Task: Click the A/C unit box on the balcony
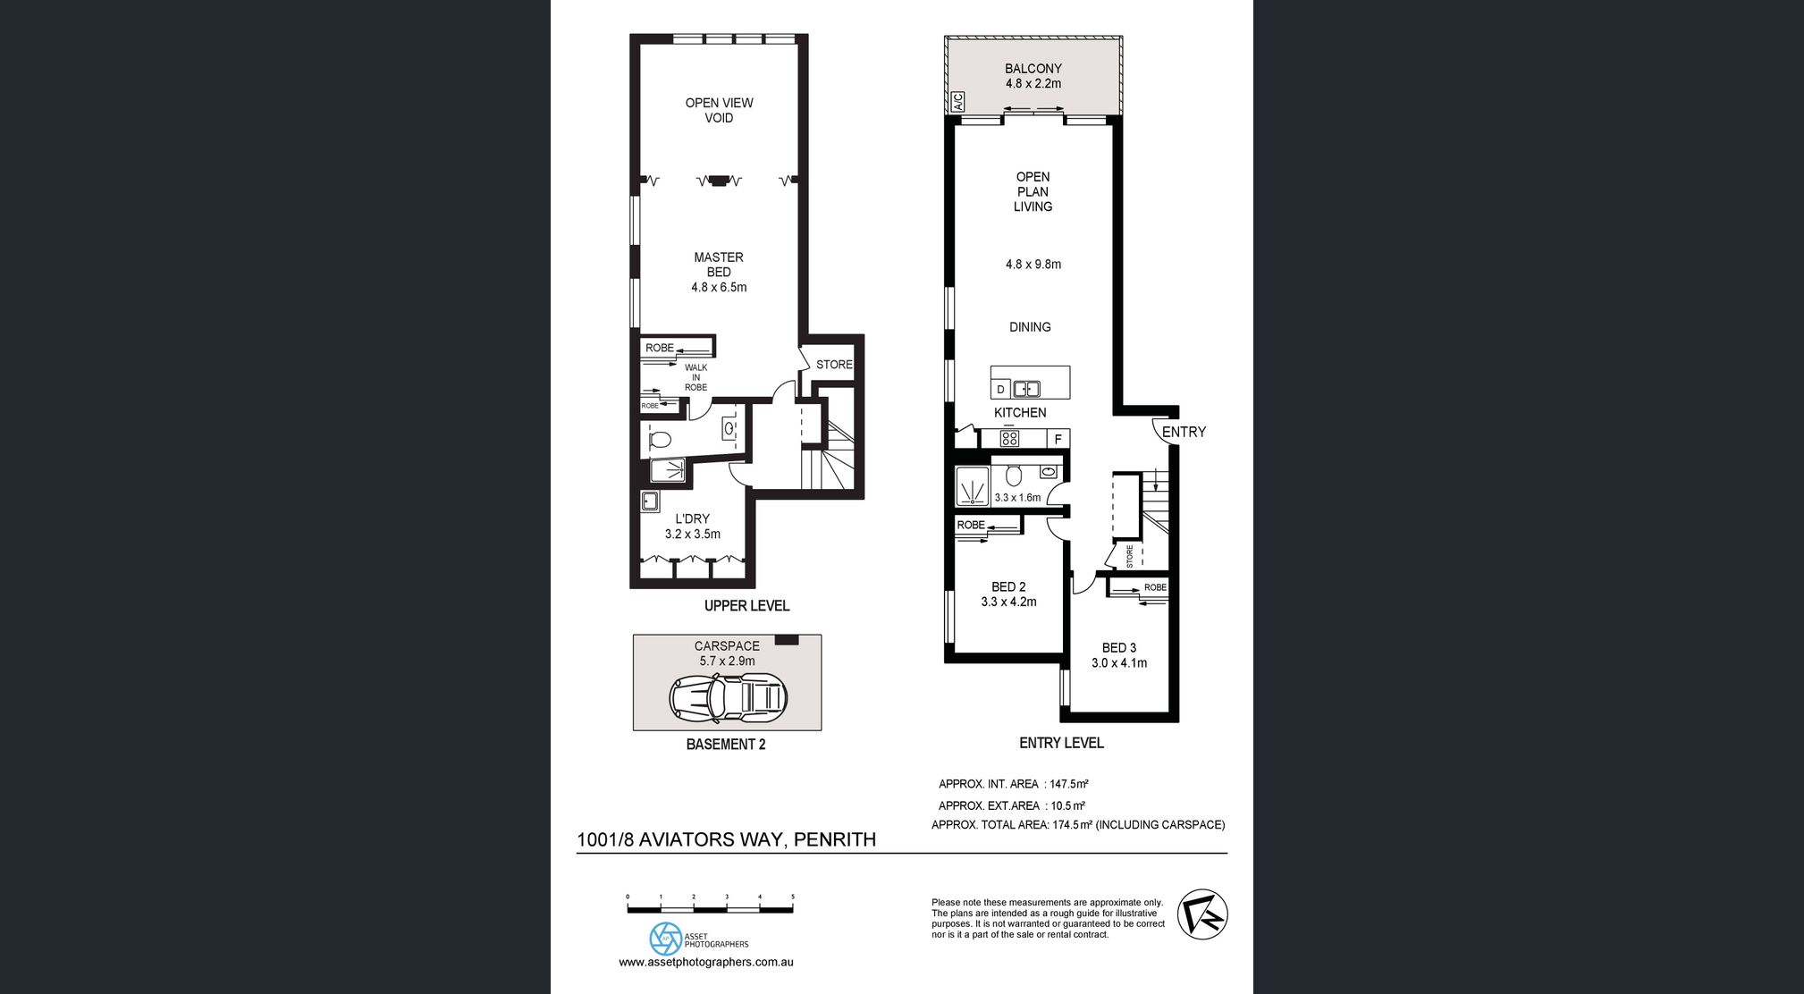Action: pos(957,102)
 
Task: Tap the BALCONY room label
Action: pos(1033,68)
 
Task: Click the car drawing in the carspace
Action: pos(729,697)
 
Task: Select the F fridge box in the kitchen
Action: pos(1058,439)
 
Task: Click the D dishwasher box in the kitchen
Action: pos(1000,390)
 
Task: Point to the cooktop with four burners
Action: pos(1009,438)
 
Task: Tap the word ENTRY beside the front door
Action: pos(1184,432)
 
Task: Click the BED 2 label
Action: pos(1008,586)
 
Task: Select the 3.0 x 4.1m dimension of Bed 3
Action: pos(1119,662)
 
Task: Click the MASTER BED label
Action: pos(719,265)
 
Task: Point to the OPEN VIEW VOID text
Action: pos(719,110)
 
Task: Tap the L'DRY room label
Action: pos(693,518)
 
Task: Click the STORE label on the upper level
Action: pos(834,365)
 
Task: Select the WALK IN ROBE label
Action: pos(695,377)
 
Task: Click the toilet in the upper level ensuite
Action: pos(660,440)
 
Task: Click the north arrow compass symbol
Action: pos(1202,914)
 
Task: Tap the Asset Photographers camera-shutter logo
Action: pos(665,939)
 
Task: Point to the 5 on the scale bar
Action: pos(793,897)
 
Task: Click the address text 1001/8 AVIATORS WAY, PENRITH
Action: pos(726,839)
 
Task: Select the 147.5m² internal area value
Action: pos(1069,784)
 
